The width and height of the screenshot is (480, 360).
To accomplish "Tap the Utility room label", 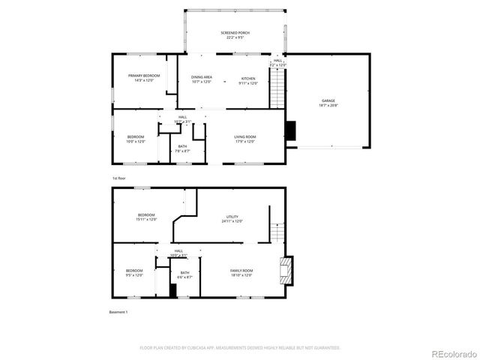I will click(x=232, y=218).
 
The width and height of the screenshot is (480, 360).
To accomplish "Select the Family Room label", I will click(x=241, y=273).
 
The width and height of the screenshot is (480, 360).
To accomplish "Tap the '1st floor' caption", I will click(x=118, y=178).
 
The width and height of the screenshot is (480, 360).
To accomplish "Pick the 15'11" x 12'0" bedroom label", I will click(x=145, y=217).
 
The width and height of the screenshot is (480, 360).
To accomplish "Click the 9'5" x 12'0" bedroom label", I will click(x=134, y=273).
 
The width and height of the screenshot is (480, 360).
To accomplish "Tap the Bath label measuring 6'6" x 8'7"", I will click(x=184, y=275).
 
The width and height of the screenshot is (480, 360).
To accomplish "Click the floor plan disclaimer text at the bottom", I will click(x=240, y=348).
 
